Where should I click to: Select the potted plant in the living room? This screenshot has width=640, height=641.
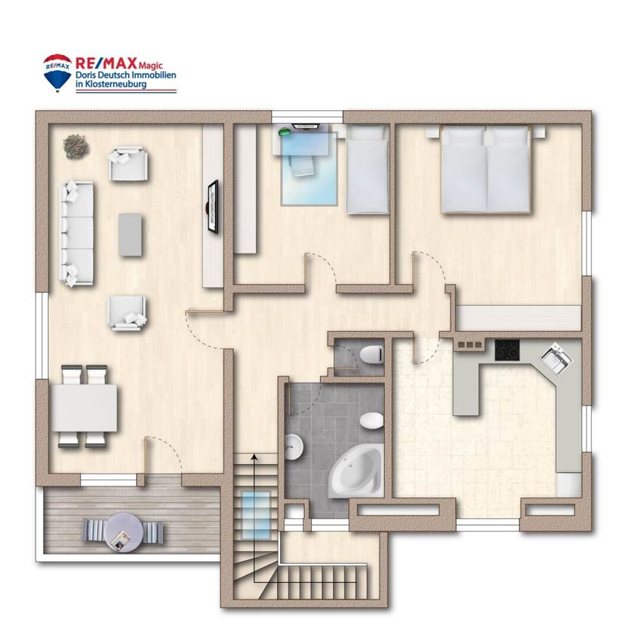75,146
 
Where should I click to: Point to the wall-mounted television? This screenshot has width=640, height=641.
213,207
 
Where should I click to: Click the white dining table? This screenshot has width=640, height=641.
85,408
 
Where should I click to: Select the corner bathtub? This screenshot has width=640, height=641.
358,471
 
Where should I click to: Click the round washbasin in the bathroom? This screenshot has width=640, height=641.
294,447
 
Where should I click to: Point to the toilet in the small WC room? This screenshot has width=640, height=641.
372,354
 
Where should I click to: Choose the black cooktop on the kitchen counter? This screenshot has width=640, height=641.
507,350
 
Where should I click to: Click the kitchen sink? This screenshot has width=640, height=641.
555,358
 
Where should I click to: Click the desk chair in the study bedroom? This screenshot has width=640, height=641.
302,166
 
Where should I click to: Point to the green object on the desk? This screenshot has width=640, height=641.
284,132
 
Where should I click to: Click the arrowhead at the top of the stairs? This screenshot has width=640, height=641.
254,457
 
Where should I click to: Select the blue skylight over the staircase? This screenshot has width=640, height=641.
256,514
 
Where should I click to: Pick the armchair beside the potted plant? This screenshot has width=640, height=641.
128,164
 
